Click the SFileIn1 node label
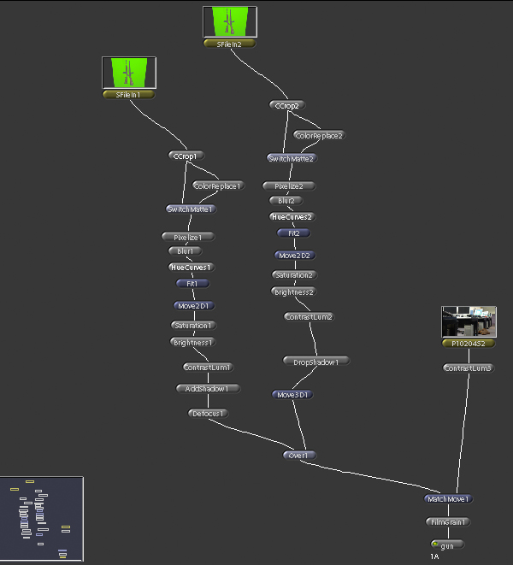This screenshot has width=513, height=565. point(127,95)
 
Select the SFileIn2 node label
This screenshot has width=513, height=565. point(229,44)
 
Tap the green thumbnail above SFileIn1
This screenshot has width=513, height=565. point(127,72)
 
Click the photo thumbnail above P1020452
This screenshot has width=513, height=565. point(469,322)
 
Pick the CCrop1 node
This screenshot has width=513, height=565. point(185,156)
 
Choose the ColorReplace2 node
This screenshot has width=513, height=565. point(319,135)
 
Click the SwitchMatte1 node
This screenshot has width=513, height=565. point(190,209)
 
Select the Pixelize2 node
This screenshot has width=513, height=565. point(288,185)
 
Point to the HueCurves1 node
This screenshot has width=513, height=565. point(190,267)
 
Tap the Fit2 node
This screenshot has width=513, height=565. point(293,232)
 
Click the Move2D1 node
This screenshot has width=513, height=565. point(192,305)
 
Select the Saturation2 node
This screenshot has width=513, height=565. point(294,275)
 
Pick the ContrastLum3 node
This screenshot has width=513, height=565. point(468,368)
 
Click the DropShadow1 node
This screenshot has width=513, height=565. point(316,362)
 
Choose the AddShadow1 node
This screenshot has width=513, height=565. point(208,388)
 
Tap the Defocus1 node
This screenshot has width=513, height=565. point(208,414)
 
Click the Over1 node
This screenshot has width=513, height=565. point(299,455)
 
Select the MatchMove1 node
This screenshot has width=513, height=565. point(448,498)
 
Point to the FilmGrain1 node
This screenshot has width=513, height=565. point(448,521)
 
